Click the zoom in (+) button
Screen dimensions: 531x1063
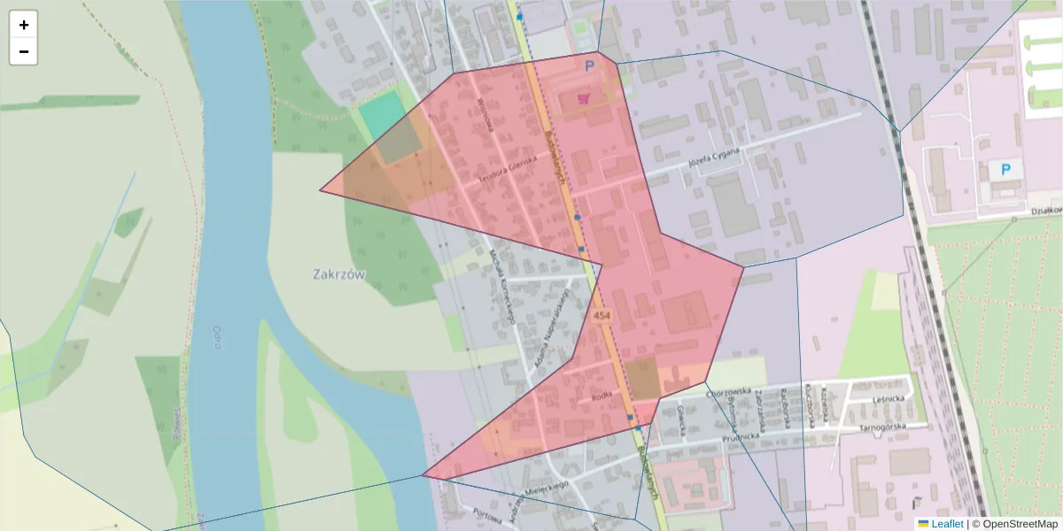point(24,25)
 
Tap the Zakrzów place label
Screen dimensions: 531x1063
point(339,274)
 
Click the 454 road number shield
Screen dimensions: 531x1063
point(602,316)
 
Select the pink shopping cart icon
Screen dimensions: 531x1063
point(583,98)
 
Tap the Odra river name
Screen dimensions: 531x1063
point(216,337)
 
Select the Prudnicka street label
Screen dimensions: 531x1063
point(741,435)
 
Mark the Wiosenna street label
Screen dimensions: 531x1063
point(484,113)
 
